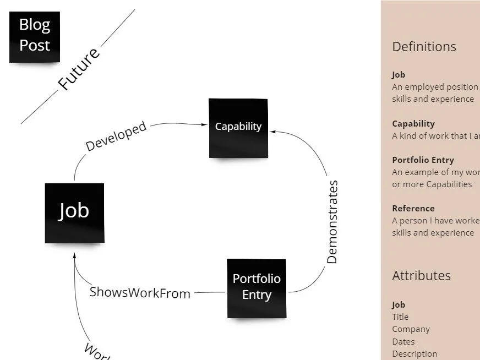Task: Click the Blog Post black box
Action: click(35, 36)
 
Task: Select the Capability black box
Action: click(238, 127)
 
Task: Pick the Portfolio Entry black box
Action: click(257, 287)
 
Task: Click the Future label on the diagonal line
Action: click(80, 69)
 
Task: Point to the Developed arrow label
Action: click(116, 136)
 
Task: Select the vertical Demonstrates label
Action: click(332, 222)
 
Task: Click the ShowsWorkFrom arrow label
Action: click(140, 292)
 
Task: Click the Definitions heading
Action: click(424, 47)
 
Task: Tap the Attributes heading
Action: click(421, 276)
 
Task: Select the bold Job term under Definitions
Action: click(399, 75)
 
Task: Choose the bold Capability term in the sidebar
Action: click(413, 124)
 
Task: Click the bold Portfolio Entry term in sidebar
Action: click(423, 160)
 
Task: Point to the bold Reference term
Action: click(413, 209)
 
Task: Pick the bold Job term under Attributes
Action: click(399, 305)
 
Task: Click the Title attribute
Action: click(400, 317)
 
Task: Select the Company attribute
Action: click(411, 329)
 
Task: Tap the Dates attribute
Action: click(403, 341)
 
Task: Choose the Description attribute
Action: click(414, 353)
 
